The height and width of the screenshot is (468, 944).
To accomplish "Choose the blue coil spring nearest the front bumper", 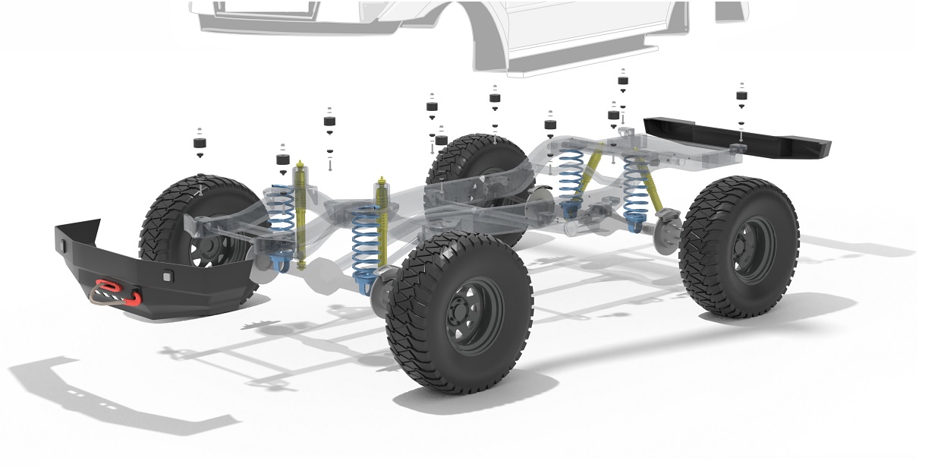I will (282, 220).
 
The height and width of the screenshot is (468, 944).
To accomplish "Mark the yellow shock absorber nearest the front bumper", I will (301, 213).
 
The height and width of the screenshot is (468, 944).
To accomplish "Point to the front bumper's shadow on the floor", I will (114, 395).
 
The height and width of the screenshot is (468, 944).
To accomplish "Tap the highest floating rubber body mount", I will (623, 77).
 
